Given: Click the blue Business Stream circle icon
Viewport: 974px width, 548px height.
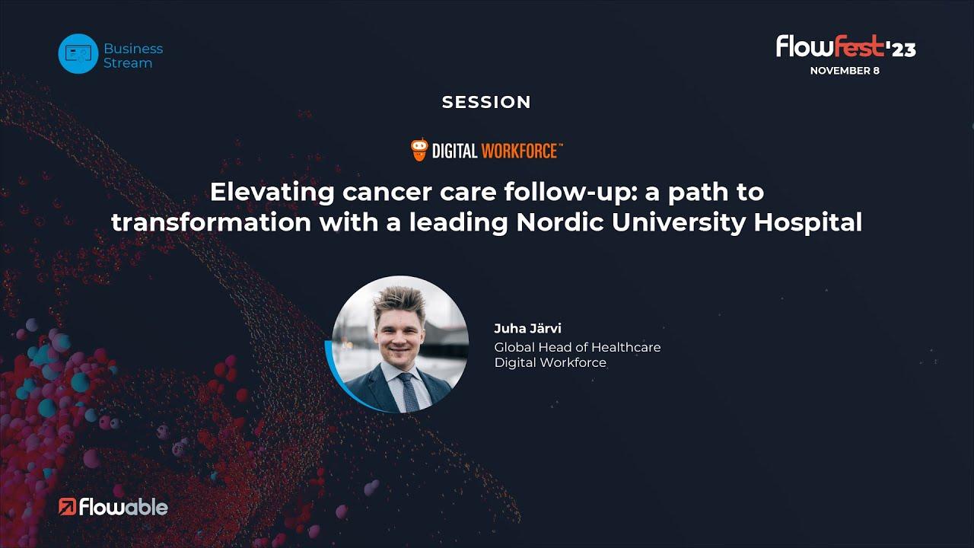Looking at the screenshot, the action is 78,53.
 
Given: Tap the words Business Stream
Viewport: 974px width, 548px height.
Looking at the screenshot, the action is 133,56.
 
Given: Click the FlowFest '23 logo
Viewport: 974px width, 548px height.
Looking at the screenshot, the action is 845,46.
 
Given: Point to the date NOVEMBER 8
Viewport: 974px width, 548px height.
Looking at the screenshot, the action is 845,71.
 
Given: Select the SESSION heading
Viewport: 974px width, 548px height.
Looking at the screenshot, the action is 486,102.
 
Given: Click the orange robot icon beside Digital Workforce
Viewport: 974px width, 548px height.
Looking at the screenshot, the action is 419,150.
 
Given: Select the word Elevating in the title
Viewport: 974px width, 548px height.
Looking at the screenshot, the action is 272,193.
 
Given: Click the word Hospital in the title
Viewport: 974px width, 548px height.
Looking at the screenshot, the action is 808,223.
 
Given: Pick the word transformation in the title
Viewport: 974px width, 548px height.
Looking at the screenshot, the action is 211,222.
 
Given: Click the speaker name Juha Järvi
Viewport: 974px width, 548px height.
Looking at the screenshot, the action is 527,328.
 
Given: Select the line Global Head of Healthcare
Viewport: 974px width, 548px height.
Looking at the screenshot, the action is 578,347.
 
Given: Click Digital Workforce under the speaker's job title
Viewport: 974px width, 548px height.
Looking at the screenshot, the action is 550,362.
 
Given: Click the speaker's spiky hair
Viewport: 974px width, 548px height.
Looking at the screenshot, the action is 400,301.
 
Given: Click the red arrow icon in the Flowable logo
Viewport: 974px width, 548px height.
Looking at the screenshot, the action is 68,507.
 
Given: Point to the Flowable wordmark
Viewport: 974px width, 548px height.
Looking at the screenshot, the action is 123,507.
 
